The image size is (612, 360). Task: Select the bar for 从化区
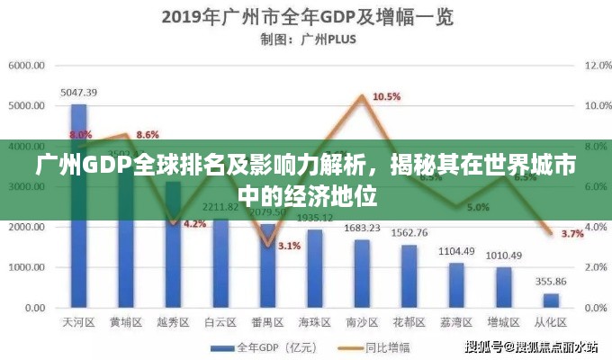click(x=551, y=301)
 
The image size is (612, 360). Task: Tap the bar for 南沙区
click(x=362, y=274)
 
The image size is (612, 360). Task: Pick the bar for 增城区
click(x=503, y=287)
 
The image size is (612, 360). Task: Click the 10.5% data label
click(x=386, y=96)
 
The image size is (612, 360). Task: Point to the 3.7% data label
click(x=572, y=234)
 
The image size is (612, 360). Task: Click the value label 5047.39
click(x=79, y=92)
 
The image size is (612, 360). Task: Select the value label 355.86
click(x=551, y=282)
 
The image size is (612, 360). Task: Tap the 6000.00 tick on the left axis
click(x=27, y=65)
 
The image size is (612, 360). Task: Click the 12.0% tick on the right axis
click(x=598, y=65)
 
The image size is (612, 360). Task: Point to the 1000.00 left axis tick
click(x=27, y=267)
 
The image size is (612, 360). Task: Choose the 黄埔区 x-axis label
click(x=126, y=321)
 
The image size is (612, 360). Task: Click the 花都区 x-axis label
click(x=409, y=321)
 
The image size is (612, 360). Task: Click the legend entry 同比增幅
click(x=375, y=346)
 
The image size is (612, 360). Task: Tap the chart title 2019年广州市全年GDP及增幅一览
click(x=306, y=17)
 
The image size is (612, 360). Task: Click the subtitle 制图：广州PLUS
click(x=306, y=39)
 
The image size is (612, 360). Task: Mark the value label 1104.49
click(x=456, y=250)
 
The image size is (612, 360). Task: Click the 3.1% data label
click(x=289, y=246)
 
